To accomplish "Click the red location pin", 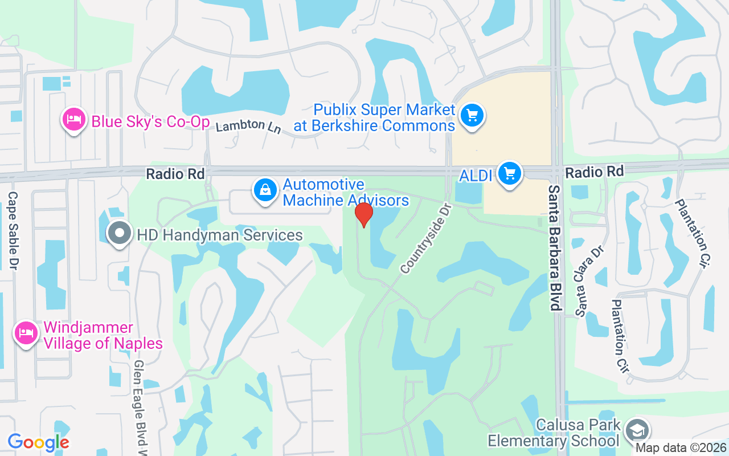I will (363, 214).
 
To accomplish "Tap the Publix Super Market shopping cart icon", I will (472, 116).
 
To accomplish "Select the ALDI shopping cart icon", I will (509, 173).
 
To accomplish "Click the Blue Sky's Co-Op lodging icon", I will (74, 120).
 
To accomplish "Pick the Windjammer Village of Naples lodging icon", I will (26, 333).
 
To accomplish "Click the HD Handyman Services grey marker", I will (120, 234).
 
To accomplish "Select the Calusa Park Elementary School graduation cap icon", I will (637, 430).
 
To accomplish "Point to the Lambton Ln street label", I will (248, 126).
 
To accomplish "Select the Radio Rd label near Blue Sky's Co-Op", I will (175, 174).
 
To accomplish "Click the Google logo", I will (38, 442).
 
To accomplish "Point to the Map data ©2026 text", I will (681, 448).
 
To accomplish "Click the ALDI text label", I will (476, 175).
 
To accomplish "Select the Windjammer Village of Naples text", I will (103, 336).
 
